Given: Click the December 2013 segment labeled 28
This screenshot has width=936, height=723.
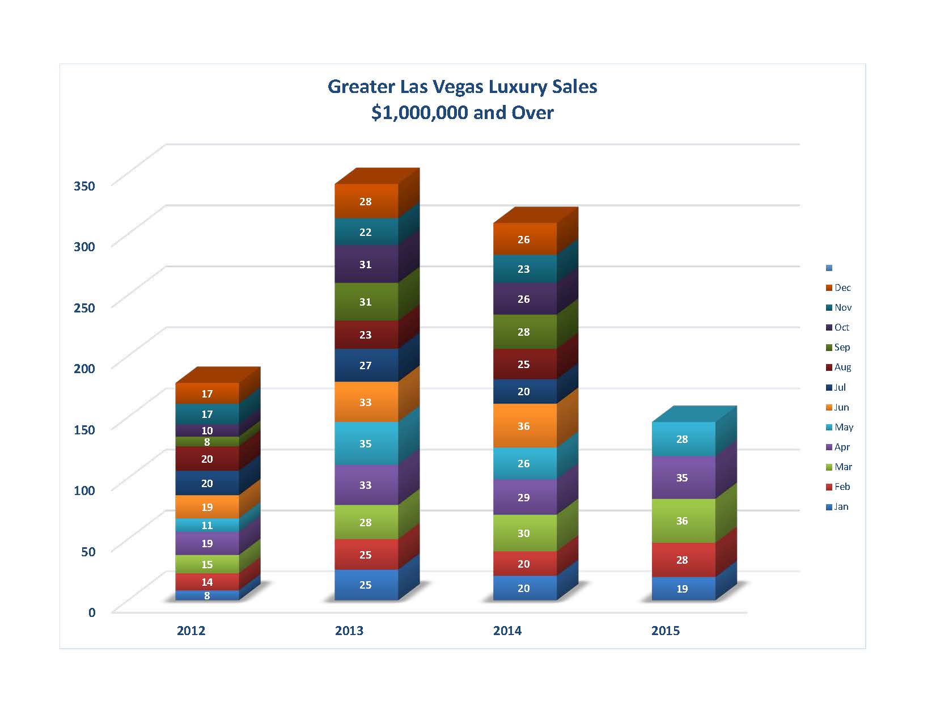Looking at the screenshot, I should pos(366,201).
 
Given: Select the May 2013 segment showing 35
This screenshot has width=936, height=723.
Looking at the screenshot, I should pos(366,443).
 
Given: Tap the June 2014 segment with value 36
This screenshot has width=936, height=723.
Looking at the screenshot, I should pos(524,426).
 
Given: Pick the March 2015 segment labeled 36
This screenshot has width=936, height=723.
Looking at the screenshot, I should pos(682,521).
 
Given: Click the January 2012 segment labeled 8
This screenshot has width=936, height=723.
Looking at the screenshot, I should pos(207,595).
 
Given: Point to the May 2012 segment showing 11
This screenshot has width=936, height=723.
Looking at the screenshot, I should pos(207,525).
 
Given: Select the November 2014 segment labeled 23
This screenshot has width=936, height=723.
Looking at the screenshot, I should pos(524,269).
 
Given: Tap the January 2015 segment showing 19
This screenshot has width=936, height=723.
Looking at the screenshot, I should pos(682,589).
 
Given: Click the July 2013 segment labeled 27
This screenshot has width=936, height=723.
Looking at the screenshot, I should pos(366,365).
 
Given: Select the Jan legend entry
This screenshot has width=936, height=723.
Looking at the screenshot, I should pos(838,507).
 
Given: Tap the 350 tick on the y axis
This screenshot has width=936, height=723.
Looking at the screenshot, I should pos(84,185).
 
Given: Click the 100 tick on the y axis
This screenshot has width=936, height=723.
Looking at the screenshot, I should pos(84,490).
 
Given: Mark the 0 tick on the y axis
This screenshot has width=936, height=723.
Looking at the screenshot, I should pos(92,612).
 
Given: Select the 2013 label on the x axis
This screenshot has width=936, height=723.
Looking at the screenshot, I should pos(349,631).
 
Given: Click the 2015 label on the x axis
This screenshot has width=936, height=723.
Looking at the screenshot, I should pos(666,631).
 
